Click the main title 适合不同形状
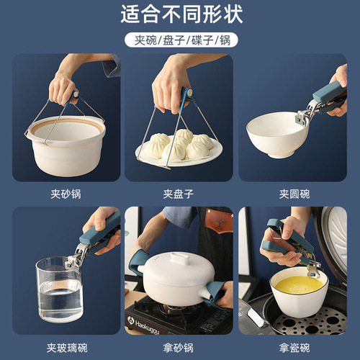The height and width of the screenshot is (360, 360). (180, 14)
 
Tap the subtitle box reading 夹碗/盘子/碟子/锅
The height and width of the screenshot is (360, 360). (180, 40)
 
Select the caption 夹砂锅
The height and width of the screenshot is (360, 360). (66, 194)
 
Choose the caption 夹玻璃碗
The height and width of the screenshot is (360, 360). (66, 348)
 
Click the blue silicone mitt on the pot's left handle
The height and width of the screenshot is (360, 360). (138, 262)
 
